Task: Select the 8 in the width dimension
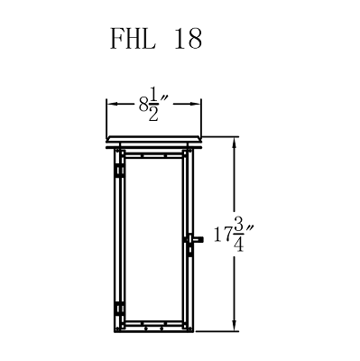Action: [143, 105]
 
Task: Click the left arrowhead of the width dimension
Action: [110, 105]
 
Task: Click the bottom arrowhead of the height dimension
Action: [235, 330]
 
